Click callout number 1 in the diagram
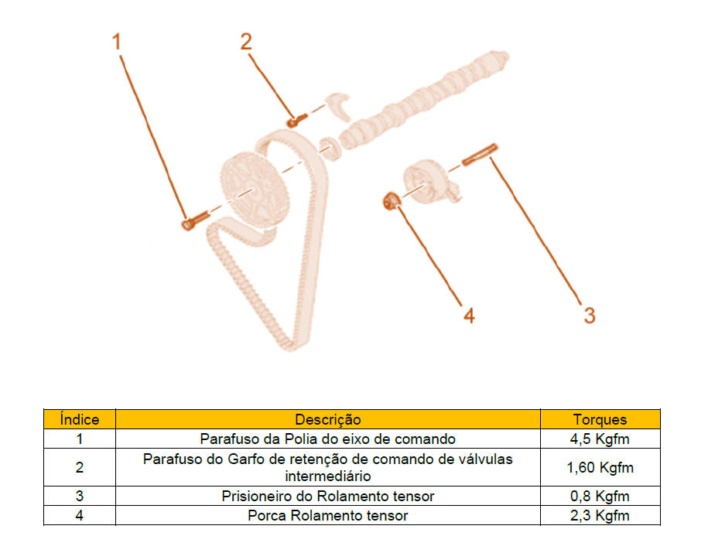[x=117, y=42]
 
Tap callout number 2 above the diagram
[x=246, y=42]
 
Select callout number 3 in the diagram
[x=590, y=315]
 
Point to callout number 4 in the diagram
[x=469, y=316]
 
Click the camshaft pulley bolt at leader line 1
[x=196, y=220]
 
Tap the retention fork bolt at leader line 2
[x=296, y=120]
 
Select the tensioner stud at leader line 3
[x=480, y=155]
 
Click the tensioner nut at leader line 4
[x=391, y=201]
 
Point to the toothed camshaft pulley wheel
[x=255, y=189]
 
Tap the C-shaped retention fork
[x=339, y=107]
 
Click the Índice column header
[x=80, y=419]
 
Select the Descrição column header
[x=328, y=419]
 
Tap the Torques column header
[x=600, y=419]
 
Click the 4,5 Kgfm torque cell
[x=600, y=439]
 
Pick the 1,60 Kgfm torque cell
[x=600, y=467]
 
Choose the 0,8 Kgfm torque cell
[x=600, y=496]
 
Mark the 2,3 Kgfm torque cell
[x=600, y=515]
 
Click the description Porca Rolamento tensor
[x=328, y=515]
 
